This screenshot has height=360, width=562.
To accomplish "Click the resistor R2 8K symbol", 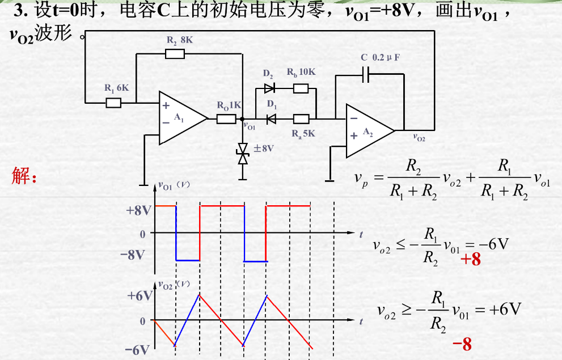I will pos(175,54).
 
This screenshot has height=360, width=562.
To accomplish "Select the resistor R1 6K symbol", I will pos(113,103).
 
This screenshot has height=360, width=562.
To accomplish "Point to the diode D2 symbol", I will pos(269,88).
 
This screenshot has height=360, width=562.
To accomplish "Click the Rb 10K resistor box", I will pos(301,88).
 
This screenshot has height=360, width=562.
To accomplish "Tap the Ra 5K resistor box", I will pos(301,119).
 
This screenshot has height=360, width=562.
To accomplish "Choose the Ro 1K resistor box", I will pos(226,118).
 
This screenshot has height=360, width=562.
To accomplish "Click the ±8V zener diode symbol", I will pos(243,154).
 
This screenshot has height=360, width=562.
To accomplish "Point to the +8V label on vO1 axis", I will pos(138,210).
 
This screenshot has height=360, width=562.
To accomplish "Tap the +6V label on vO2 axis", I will pos(140,296).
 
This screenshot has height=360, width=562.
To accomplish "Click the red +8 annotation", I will pos(470,260).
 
